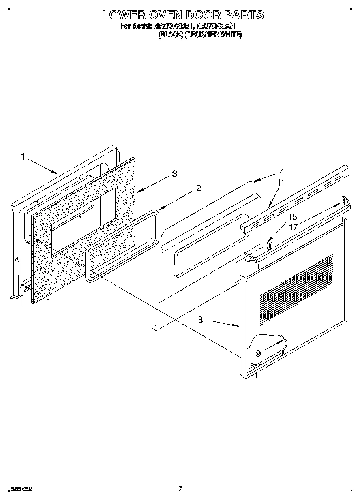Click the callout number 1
[23, 156]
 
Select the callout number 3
[174, 174]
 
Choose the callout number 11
[281, 183]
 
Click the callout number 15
[293, 217]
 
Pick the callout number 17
[293, 227]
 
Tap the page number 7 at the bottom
[180, 488]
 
